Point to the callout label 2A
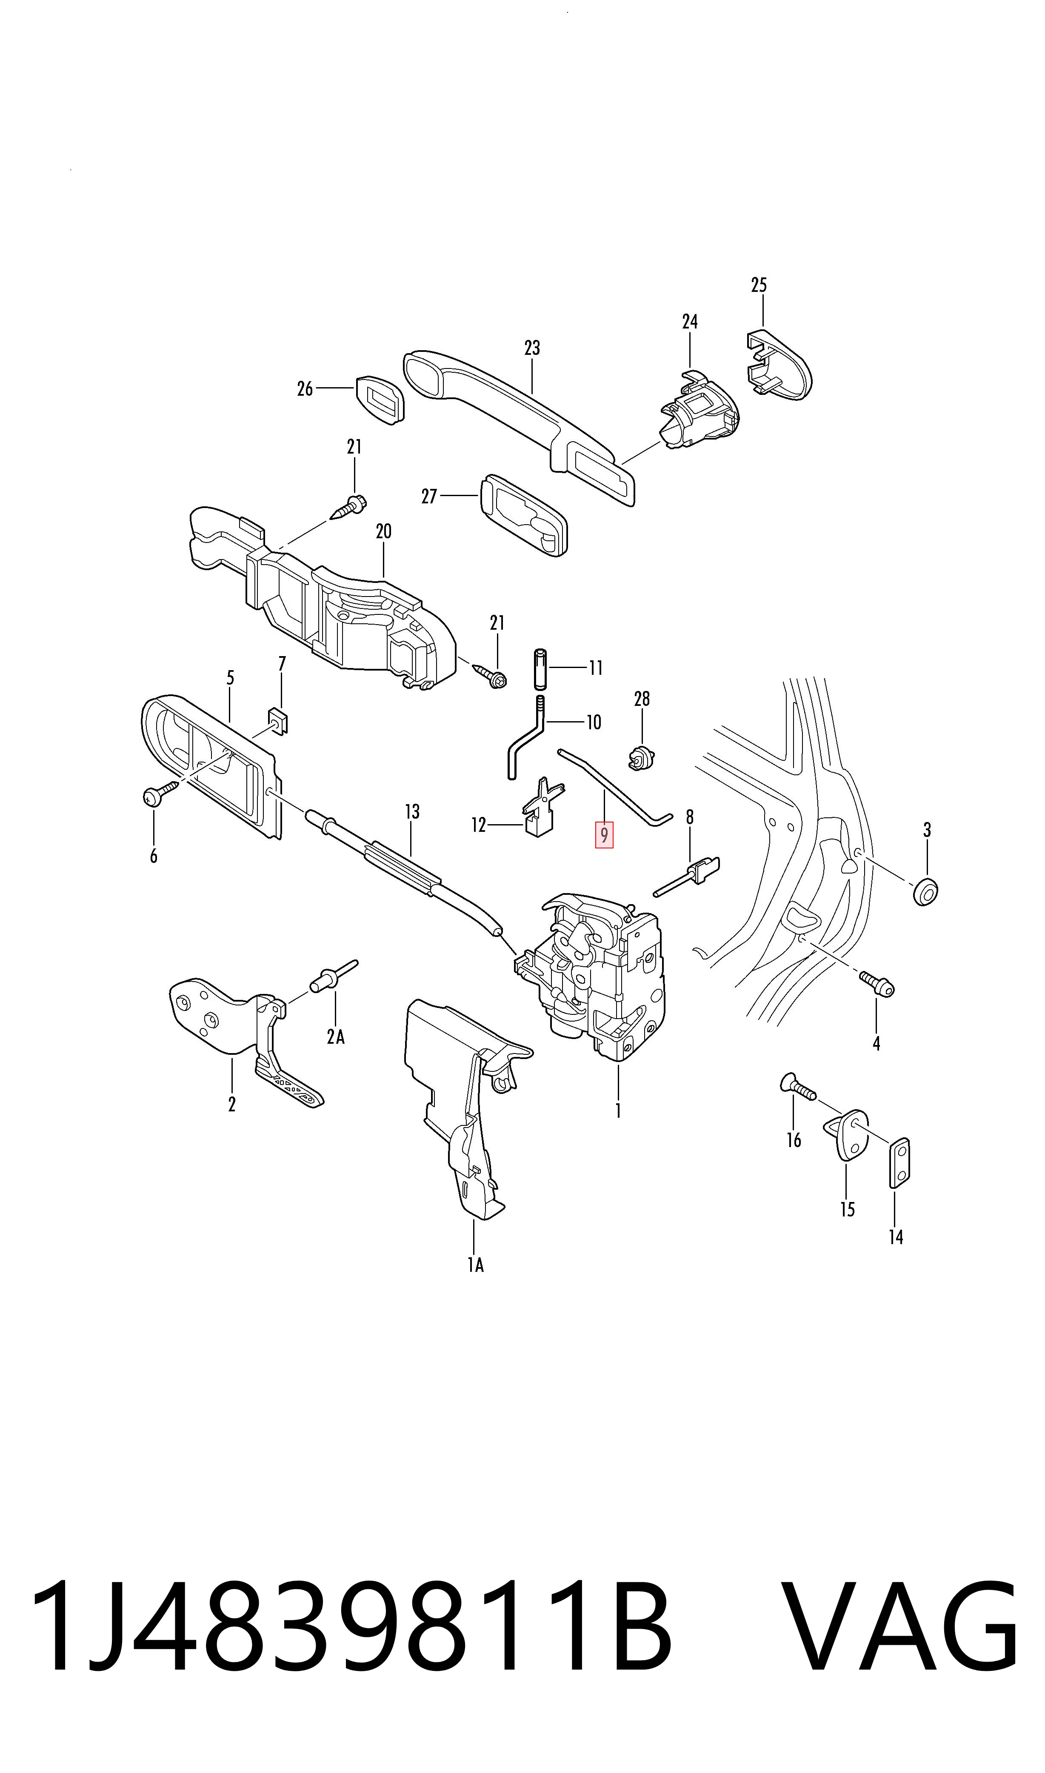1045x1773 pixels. (x=336, y=1036)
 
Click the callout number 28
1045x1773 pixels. (x=642, y=699)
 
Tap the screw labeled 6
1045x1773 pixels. (x=160, y=792)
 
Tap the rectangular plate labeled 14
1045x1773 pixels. (x=899, y=1162)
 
